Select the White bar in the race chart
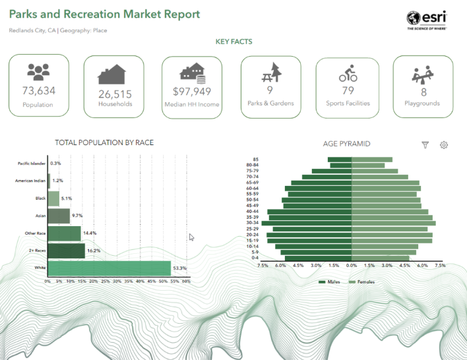click(x=109, y=268)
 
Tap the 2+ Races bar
click(x=66, y=251)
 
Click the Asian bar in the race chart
click(x=59, y=216)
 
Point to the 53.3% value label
click(x=180, y=268)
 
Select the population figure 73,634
click(x=38, y=90)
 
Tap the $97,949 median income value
click(x=192, y=92)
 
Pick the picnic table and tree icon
click(x=270, y=71)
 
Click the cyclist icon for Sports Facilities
click(x=348, y=72)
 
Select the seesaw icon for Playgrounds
click(x=423, y=73)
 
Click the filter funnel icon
click(x=425, y=144)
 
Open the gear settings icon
click(x=444, y=144)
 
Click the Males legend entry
click(x=329, y=282)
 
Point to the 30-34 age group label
click(x=251, y=223)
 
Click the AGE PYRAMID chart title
click(x=346, y=143)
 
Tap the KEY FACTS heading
click(x=233, y=42)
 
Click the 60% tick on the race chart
click(x=186, y=281)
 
